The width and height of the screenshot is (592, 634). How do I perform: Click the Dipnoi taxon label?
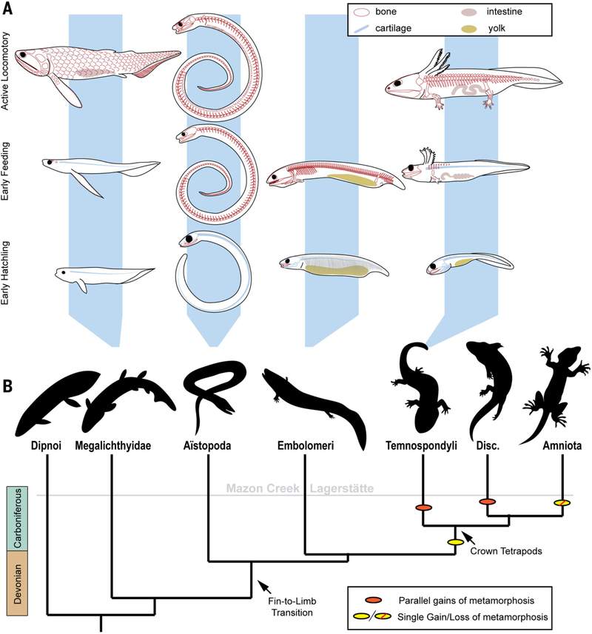[46, 445]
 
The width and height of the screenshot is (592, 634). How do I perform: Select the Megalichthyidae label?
[113, 445]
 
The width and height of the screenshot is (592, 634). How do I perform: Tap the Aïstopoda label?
[207, 445]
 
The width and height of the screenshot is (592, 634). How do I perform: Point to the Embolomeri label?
[306, 445]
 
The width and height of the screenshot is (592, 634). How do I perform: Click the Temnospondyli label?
[421, 445]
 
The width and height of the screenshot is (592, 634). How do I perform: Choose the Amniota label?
[562, 445]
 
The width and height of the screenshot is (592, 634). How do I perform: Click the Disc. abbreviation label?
[487, 445]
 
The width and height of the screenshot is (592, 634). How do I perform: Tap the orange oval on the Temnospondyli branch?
[424, 507]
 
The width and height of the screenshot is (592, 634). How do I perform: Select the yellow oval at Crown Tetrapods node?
[455, 542]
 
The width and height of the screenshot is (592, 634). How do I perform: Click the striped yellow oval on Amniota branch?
[562, 502]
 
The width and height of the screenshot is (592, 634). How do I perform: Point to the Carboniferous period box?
[17, 519]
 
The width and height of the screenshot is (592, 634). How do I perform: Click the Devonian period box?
[17, 583]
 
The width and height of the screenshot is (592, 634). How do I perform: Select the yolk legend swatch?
[469, 29]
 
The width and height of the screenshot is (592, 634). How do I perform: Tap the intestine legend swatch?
[469, 12]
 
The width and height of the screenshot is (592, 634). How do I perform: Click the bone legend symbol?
[362, 12]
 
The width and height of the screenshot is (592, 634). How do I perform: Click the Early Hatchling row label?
[5, 273]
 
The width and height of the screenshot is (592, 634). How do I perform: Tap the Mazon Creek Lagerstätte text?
[300, 488]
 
